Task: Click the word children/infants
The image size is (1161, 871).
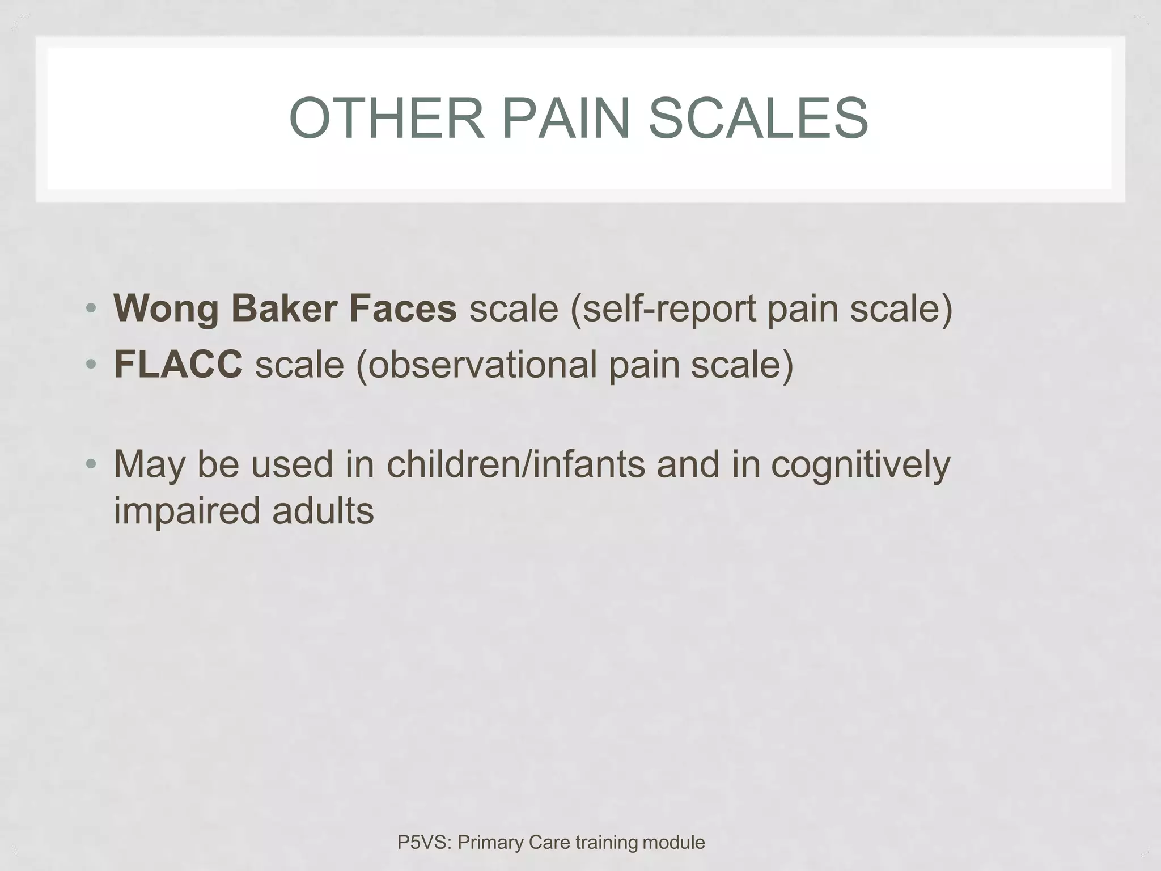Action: (x=516, y=464)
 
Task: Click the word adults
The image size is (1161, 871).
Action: (x=323, y=510)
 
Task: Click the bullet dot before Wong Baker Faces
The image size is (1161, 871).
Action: (x=91, y=310)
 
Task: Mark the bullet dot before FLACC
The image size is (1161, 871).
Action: (x=91, y=365)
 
